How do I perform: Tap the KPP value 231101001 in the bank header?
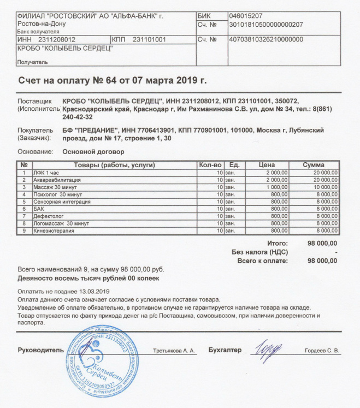click(149, 40)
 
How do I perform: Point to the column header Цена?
click(267, 165)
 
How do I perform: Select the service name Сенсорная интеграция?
click(61, 202)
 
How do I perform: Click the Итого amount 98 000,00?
click(323, 243)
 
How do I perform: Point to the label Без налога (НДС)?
click(259, 252)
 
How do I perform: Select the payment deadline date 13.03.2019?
click(95, 292)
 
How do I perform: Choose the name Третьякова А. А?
click(174, 351)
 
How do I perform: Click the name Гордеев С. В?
click(322, 351)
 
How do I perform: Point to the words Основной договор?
click(93, 151)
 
